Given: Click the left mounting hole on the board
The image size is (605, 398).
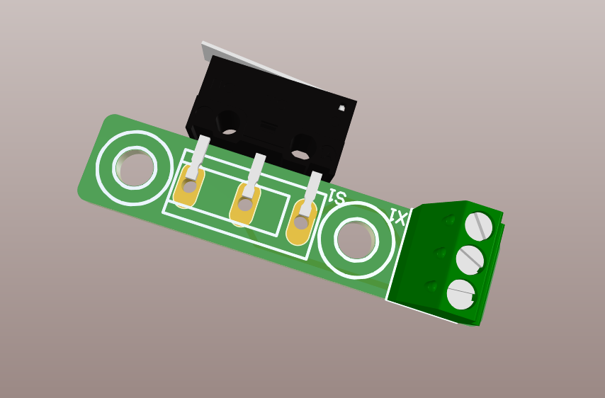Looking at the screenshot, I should coord(135,169).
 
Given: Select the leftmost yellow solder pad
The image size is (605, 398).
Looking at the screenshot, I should coord(189,185).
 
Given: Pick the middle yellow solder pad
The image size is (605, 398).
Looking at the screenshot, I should coord(244,205).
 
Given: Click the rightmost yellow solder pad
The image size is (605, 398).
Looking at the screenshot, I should coord(302,222).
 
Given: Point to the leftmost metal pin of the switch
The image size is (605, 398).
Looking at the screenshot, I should coord(200,152).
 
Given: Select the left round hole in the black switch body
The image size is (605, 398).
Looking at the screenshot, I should coord(228,121).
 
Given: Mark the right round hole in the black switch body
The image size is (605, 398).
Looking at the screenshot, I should coord(302,147).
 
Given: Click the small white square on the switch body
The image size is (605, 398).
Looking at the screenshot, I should coord(341,108).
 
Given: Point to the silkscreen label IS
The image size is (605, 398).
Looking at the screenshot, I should coord(337,198).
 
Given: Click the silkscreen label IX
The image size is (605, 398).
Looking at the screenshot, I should coord(398,217).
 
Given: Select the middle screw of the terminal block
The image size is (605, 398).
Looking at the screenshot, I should coord(470,260).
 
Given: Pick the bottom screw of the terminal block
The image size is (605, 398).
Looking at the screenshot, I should coord(460,294).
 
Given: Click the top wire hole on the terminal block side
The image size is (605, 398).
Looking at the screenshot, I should coord(449,220).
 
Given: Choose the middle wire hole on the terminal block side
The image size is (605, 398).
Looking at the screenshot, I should coord(440,253).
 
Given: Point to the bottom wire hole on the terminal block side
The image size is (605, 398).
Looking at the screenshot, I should coord(431,286).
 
